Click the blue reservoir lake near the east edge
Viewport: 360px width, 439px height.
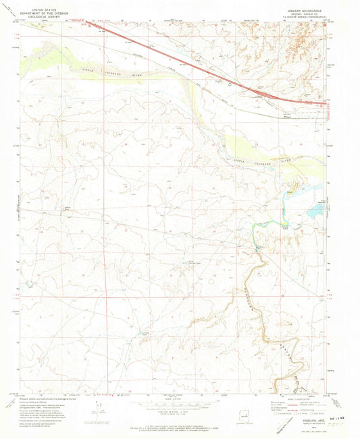[314, 212]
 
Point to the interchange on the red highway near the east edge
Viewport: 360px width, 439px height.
[278, 98]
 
